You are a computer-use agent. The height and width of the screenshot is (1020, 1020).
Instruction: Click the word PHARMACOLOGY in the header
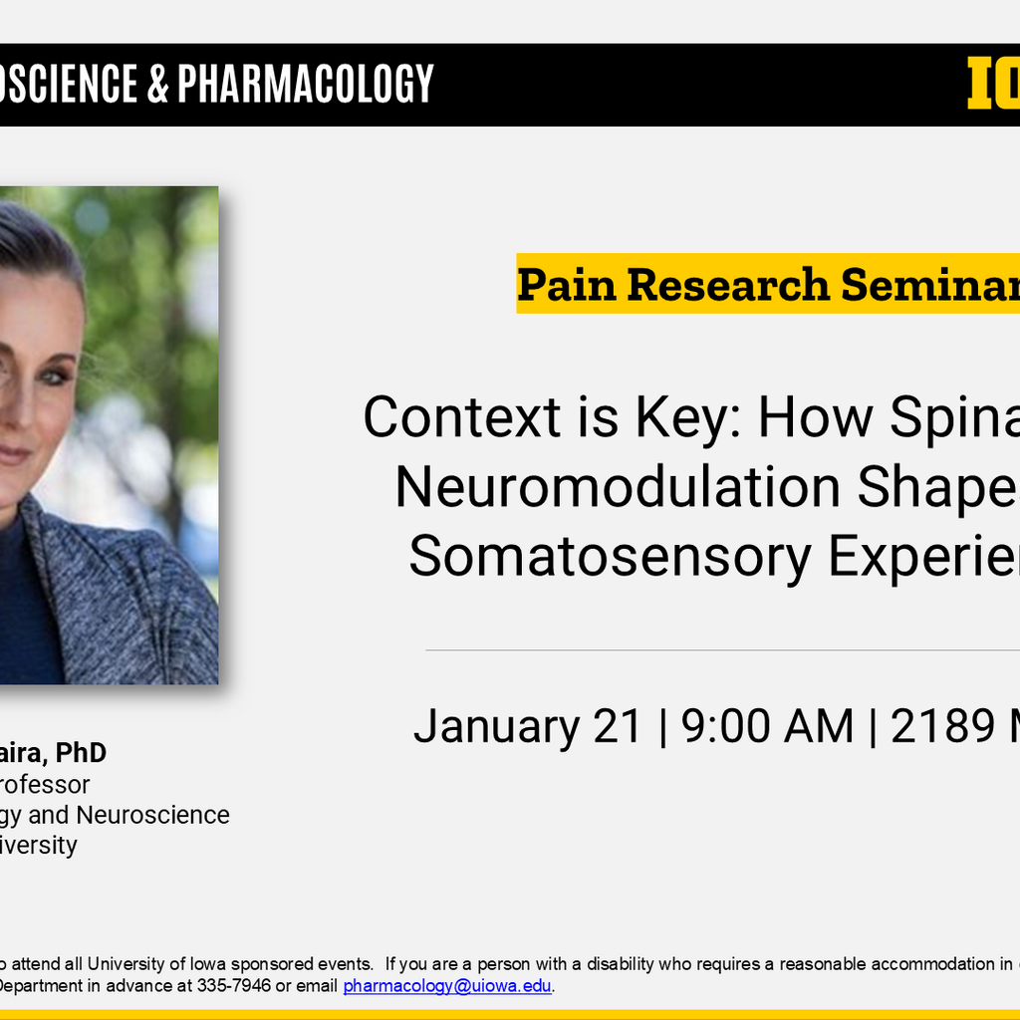click(306, 84)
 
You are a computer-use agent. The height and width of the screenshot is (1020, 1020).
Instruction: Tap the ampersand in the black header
click(157, 84)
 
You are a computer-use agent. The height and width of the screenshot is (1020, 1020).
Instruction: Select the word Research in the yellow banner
click(728, 285)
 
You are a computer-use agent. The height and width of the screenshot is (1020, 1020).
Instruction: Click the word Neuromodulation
click(618, 487)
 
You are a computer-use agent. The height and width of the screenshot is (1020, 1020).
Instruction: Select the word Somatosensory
click(611, 557)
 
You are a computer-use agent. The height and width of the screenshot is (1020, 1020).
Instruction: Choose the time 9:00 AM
click(767, 726)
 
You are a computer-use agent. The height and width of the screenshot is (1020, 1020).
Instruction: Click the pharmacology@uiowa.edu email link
click(447, 986)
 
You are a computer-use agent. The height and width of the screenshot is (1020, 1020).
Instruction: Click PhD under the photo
click(81, 752)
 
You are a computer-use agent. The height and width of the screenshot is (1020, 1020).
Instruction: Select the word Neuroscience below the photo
click(152, 815)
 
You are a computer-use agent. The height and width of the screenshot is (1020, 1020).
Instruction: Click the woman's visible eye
click(55, 376)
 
